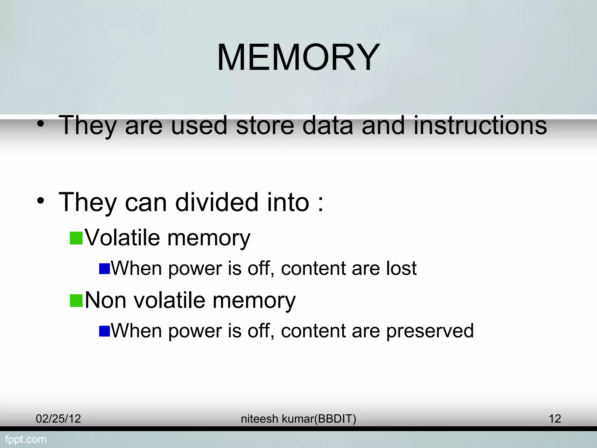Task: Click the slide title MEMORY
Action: (x=298, y=57)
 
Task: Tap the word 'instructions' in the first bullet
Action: (x=480, y=125)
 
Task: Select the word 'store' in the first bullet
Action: (x=265, y=125)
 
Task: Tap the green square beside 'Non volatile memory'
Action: (x=76, y=301)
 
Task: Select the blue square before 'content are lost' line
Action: (x=104, y=269)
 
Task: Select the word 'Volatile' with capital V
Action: (x=122, y=237)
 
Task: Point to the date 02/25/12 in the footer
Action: (x=58, y=419)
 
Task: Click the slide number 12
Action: (x=555, y=419)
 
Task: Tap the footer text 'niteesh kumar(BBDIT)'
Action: (x=298, y=419)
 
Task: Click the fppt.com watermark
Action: (x=26, y=439)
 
